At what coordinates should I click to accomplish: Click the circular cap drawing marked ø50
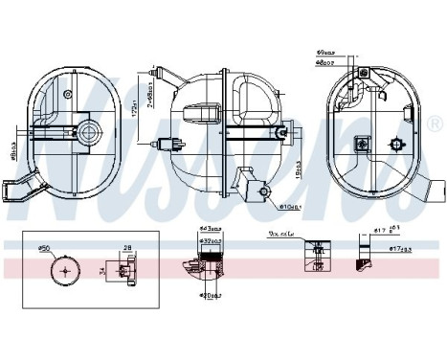tap(65, 270)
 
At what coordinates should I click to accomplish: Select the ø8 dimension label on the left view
tap(12, 149)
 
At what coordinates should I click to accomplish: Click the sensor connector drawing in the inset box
tap(124, 272)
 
